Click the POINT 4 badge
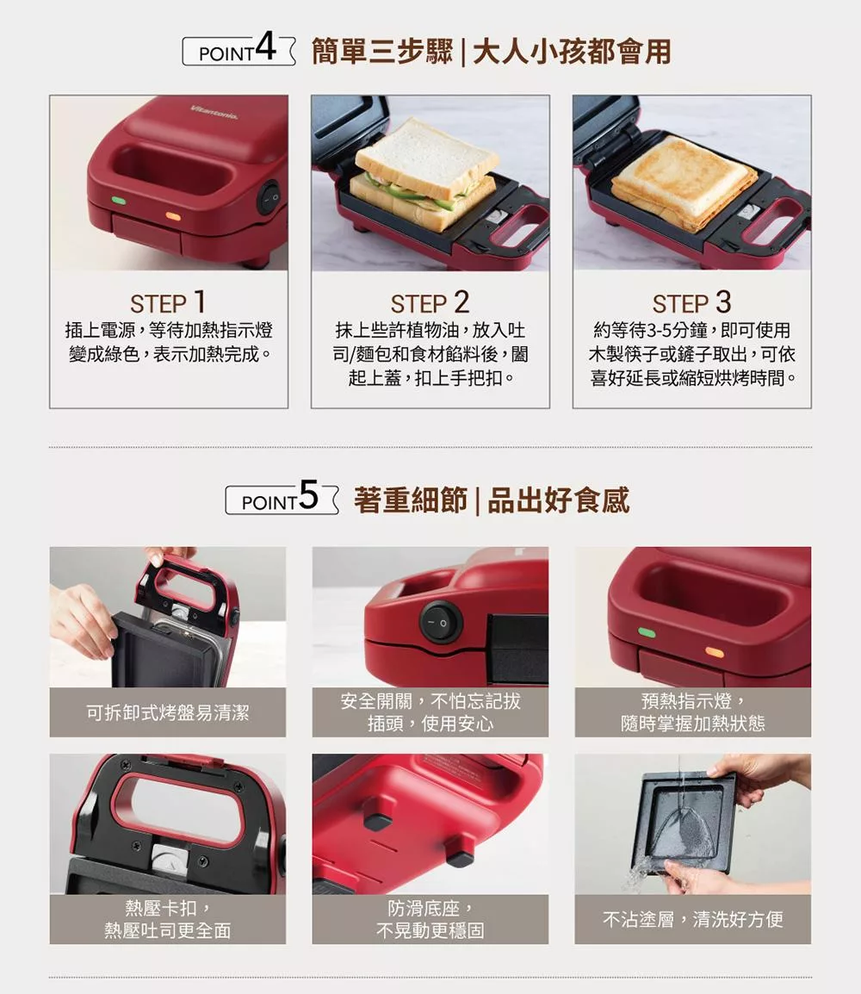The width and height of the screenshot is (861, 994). tap(238, 51)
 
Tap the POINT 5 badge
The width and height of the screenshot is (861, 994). tap(282, 500)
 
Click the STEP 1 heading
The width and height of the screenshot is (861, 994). tap(168, 303)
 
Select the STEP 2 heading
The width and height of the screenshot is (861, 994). tap(430, 303)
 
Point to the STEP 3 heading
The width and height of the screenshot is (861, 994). tap(691, 303)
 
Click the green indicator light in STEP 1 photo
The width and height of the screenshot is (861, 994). tap(118, 201)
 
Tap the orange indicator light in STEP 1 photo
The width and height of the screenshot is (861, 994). tap(172, 215)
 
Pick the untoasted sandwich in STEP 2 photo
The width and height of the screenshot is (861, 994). tap(425, 177)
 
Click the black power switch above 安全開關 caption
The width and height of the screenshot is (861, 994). tap(440, 621)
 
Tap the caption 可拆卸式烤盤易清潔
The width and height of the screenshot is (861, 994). tap(168, 712)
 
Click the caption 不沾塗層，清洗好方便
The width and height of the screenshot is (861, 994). tap(692, 919)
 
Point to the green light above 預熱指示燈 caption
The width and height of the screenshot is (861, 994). tap(647, 633)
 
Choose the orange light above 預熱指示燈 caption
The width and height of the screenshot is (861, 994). tap(714, 652)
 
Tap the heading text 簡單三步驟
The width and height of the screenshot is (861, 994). tap(381, 52)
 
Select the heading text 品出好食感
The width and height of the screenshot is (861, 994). tap(558, 500)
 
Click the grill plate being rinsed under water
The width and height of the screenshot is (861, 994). tap(685, 821)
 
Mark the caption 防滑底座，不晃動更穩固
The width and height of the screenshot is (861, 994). tap(430, 919)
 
